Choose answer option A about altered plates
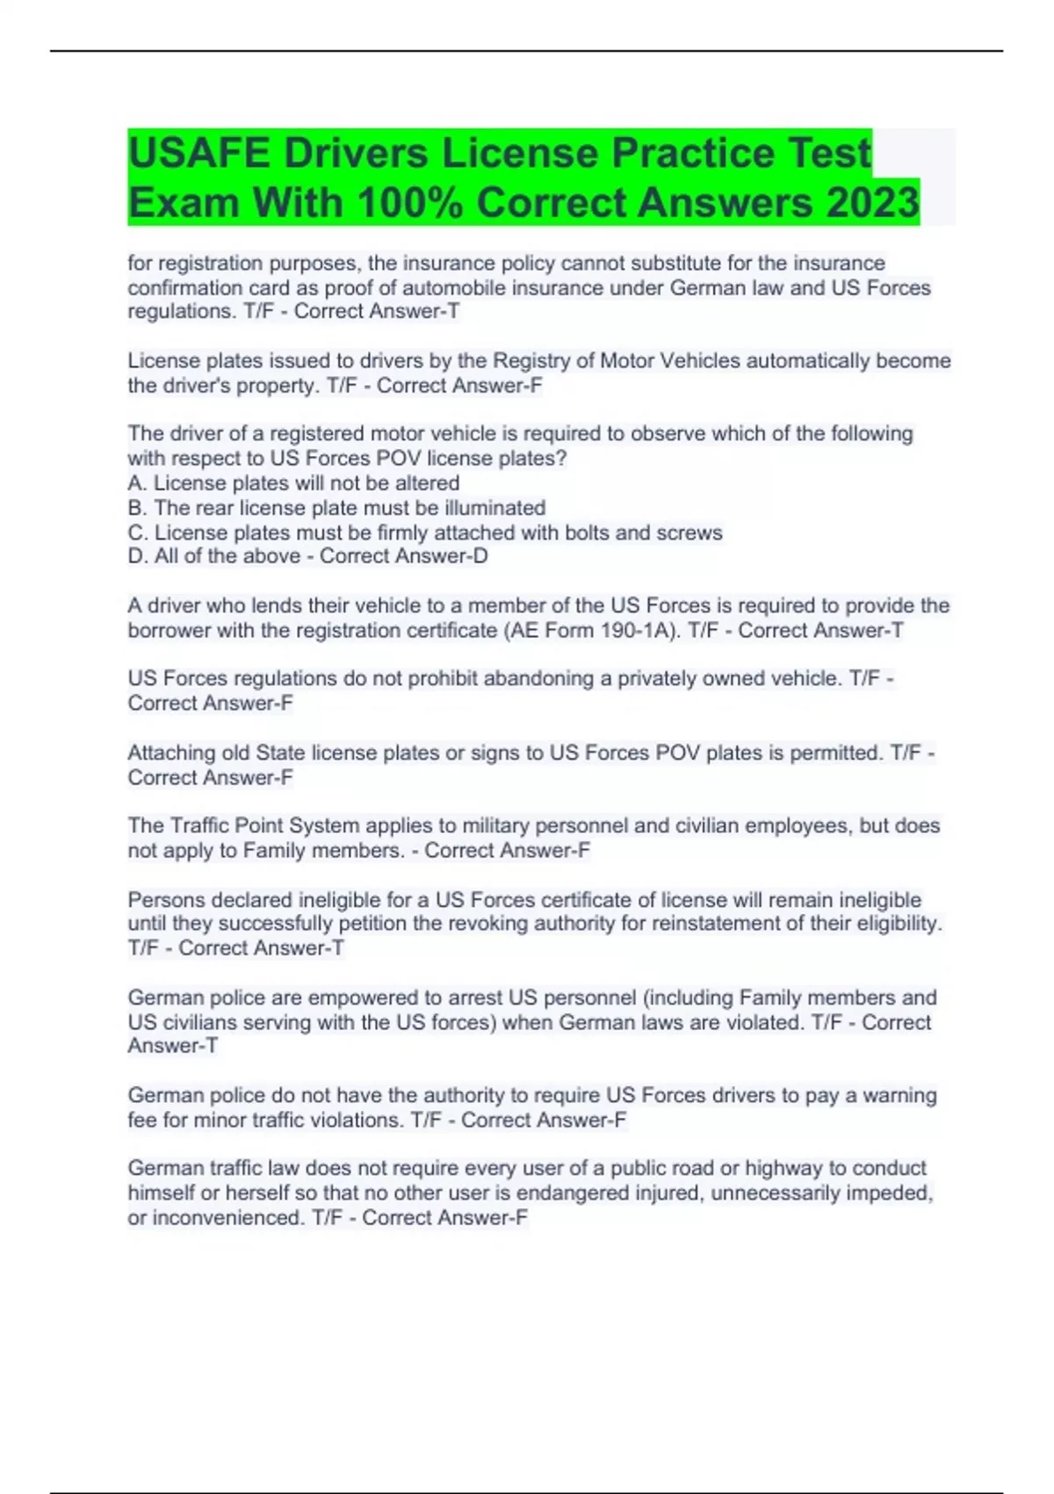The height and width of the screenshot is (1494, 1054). pos(293,483)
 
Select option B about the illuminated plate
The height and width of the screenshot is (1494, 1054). pos(336,508)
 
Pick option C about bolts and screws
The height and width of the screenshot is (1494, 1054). pos(425,533)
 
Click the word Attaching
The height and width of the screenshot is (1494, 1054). pos(174,753)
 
